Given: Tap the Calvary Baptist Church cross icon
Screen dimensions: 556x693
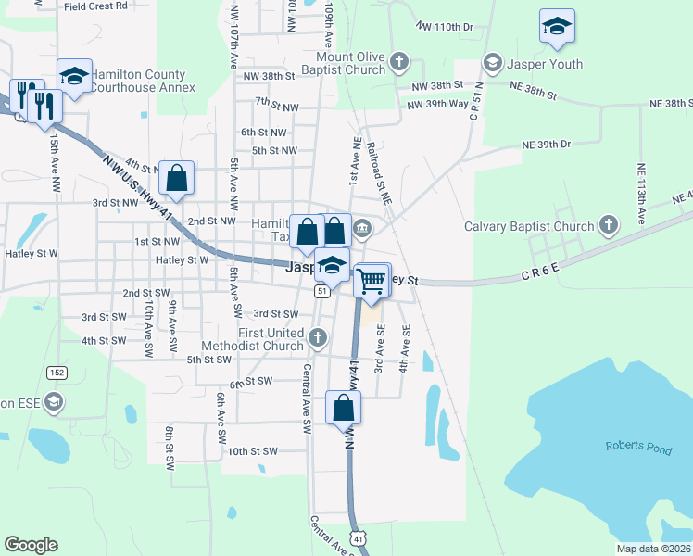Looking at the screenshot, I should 608,224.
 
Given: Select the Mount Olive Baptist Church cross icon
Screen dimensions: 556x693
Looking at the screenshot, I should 398,63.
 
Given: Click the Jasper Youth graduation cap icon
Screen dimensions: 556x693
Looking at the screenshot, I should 492,63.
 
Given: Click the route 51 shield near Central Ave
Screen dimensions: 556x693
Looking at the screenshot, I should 321,291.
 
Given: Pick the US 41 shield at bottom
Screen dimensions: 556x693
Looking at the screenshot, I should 359,537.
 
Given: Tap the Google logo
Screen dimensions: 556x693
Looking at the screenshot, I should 31,545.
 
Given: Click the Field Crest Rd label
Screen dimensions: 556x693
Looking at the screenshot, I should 95,6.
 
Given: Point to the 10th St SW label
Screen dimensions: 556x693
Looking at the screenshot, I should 252,451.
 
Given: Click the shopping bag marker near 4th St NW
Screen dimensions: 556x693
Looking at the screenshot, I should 176,176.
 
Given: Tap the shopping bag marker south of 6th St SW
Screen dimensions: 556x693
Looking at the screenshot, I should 343,407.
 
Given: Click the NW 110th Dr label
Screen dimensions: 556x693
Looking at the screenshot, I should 445,27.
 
